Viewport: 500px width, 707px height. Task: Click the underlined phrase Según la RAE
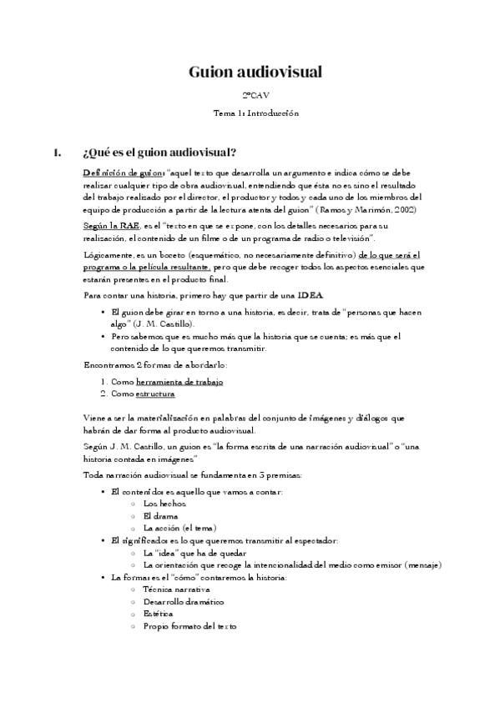pos(112,226)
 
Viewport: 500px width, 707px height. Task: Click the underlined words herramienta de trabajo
pos(179,380)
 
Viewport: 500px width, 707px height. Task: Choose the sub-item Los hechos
pos(164,504)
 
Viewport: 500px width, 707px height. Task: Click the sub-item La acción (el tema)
pos(179,528)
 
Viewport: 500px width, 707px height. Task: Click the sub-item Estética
pos(159,614)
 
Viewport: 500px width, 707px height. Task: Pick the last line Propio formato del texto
pos(190,625)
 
